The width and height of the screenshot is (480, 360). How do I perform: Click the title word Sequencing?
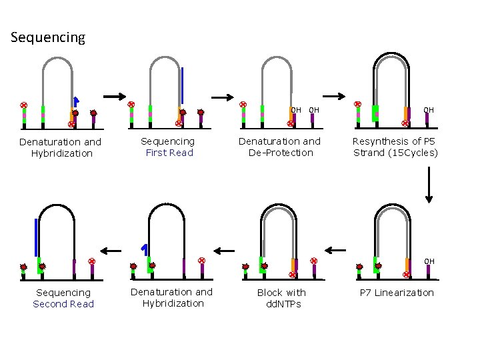48,37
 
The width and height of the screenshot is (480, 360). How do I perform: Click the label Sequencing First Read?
169,147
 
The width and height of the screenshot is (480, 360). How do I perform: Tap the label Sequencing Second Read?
64,298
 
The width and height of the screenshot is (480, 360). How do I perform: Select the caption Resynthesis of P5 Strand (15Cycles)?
395,147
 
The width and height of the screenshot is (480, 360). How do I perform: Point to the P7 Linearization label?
396,293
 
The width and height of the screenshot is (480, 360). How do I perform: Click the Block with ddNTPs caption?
281,298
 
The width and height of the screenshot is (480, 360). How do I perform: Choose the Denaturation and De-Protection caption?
280,147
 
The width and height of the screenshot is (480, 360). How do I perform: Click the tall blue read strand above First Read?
182,87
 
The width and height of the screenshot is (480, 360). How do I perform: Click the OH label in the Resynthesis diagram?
429,110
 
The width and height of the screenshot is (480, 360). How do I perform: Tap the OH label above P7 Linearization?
429,261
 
